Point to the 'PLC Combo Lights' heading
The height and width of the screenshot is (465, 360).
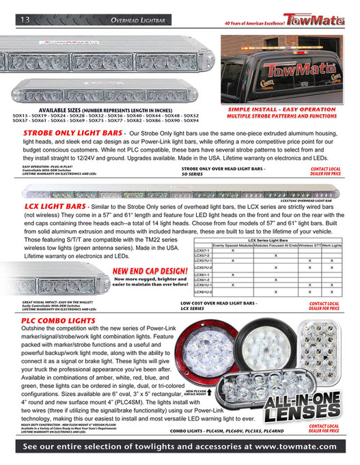(57, 320)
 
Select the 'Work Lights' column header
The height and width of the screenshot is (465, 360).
(332, 244)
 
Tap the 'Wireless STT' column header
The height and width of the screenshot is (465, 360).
(309, 244)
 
